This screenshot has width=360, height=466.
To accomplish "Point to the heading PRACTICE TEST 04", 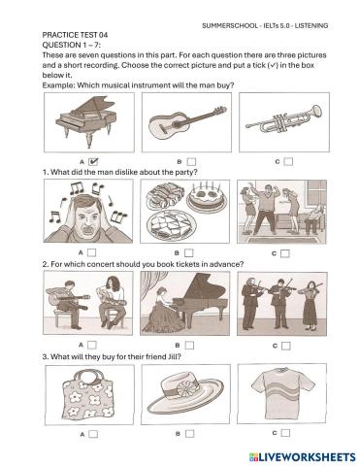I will coord(79,33).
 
